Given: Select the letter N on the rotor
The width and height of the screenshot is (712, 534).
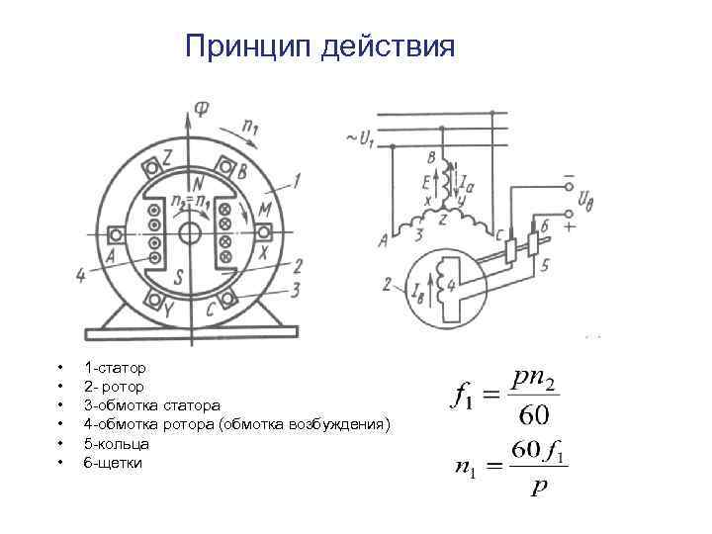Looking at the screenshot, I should [198, 183].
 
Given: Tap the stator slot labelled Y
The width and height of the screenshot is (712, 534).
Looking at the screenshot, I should [153, 299].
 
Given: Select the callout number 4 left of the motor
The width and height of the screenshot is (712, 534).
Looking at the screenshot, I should [80, 274].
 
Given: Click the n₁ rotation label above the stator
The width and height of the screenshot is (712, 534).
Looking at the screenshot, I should [252, 126].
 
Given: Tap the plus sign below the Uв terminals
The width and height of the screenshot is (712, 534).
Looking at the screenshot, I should [570, 227].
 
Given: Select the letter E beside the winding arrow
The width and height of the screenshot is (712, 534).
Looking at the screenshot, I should [426, 184].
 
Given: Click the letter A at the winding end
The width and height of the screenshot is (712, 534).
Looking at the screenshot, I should [383, 237].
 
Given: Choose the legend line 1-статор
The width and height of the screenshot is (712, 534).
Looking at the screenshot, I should [116, 367].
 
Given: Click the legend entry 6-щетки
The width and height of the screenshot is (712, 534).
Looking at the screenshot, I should [114, 462].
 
